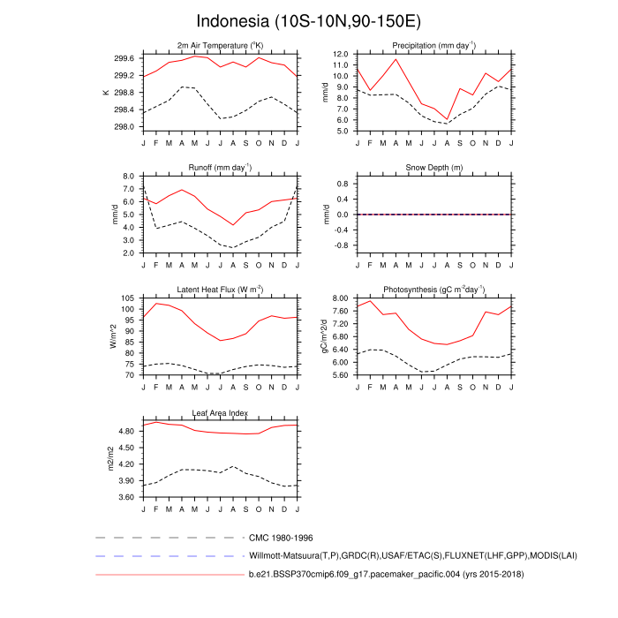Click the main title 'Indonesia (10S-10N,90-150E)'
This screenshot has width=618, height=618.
pos(308,20)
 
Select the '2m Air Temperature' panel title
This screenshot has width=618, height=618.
pos(220,45)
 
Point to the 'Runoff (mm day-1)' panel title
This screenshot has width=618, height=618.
pos(220,167)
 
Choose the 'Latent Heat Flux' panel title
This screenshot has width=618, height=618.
pos(220,290)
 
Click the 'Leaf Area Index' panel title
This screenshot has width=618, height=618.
pos(220,412)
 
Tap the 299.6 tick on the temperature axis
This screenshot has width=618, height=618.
pos(124,58)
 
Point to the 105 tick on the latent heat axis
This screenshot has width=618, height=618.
pos(128,298)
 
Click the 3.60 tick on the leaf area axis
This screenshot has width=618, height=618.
pos(124,497)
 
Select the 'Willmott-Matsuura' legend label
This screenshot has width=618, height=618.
pos(395,556)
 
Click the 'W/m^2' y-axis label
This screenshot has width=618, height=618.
pos(112,336)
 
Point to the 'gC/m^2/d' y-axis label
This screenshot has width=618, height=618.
pos(325,336)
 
